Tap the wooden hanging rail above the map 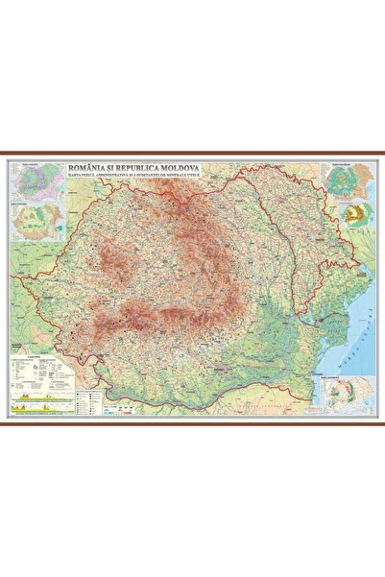(x=192, y=155)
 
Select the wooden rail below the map (x=192, y=423)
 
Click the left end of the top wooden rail (x=7, y=155)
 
